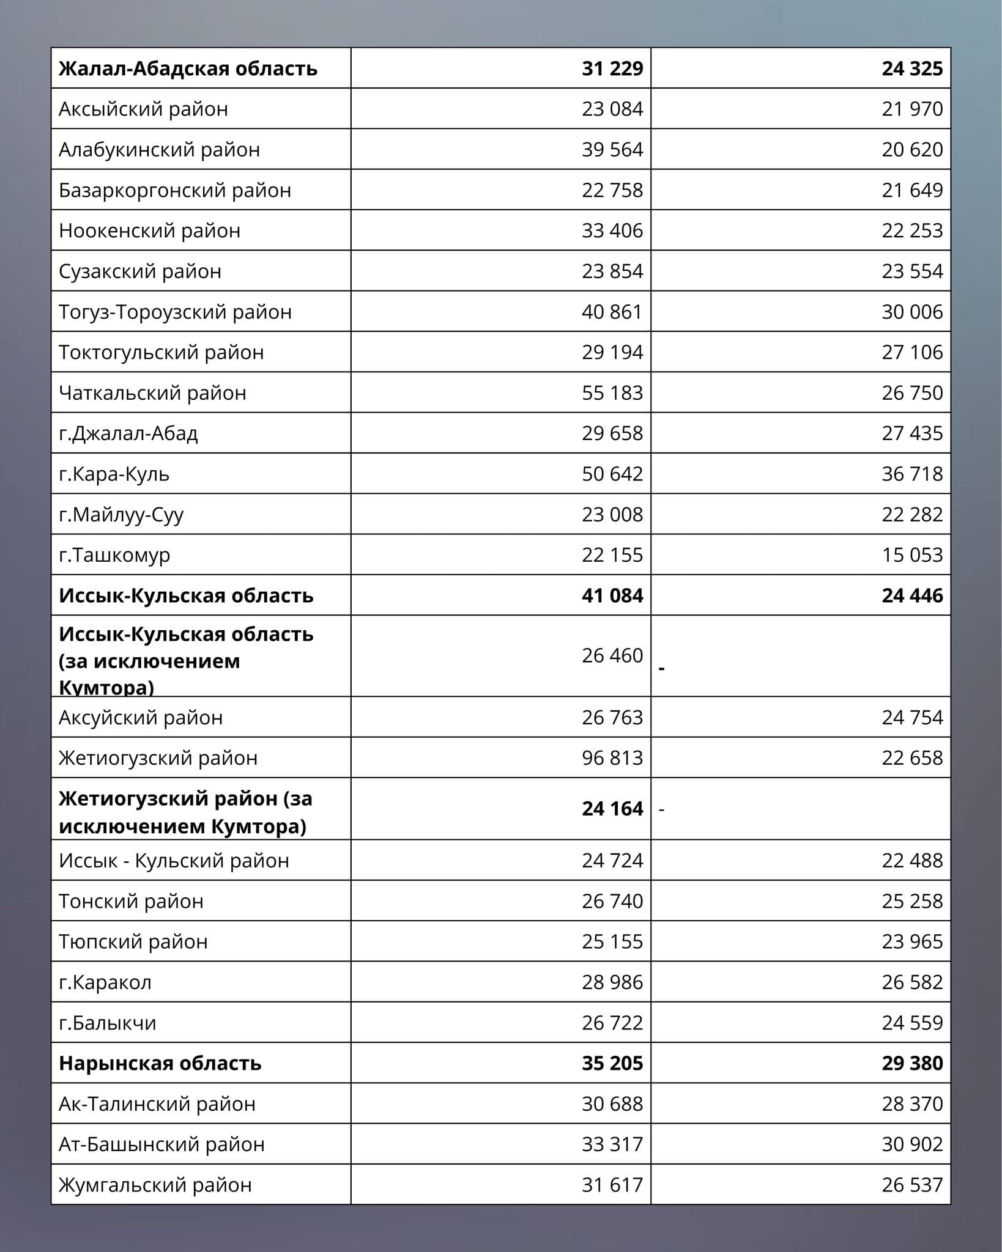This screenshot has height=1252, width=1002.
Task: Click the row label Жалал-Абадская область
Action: tap(188, 68)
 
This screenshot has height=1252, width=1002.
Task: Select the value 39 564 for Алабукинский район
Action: tap(612, 149)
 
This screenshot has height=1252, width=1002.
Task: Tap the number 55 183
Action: tap(612, 392)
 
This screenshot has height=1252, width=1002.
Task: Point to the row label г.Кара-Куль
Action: tap(114, 474)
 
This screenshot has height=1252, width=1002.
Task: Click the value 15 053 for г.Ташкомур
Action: tap(911, 554)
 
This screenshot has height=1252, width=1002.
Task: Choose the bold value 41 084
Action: tap(612, 595)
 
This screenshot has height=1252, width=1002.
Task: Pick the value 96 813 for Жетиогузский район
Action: tap(612, 757)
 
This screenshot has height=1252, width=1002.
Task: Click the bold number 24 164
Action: tap(612, 808)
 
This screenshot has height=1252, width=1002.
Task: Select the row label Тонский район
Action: tap(131, 901)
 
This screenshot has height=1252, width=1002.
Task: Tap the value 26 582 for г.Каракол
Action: tap(911, 982)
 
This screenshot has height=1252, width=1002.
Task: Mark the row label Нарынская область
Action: tap(160, 1063)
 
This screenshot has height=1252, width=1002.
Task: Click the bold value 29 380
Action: tap(911, 1063)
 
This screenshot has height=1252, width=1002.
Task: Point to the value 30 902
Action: tap(911, 1144)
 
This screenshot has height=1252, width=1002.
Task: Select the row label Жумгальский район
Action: tap(155, 1185)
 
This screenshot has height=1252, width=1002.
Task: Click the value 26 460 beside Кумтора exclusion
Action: tap(612, 655)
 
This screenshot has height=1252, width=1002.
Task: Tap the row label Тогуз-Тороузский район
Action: tap(175, 312)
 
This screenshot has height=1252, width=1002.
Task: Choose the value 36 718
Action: tap(911, 474)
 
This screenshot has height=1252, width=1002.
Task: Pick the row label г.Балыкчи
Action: tap(108, 1023)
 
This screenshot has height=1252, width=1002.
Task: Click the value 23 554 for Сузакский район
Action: tap(911, 271)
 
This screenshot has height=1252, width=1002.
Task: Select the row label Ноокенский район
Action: tap(149, 230)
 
